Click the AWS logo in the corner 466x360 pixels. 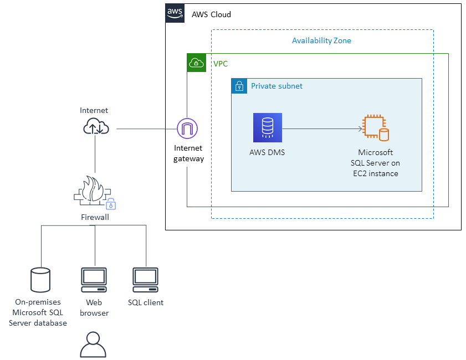(x=175, y=13)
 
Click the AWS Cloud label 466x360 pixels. (x=211, y=14)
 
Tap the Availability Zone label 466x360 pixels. (x=321, y=40)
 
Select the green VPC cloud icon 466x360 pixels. (x=196, y=63)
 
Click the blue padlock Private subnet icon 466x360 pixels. (x=239, y=86)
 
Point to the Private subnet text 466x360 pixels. (x=276, y=86)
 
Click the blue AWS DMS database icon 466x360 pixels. (x=268, y=127)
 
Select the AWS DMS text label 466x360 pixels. (x=267, y=152)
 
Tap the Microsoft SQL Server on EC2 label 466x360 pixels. (x=375, y=163)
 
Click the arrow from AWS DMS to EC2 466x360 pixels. (x=322, y=128)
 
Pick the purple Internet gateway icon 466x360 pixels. (x=187, y=129)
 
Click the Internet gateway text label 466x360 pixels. (x=188, y=153)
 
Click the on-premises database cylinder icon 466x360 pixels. (x=40, y=280)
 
